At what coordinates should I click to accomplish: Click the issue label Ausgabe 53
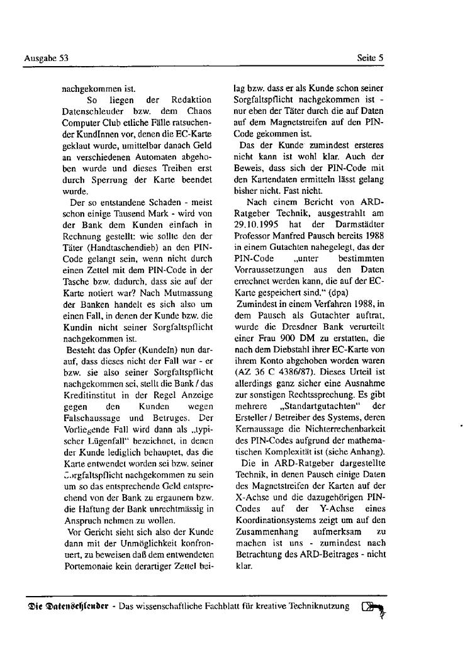(46, 59)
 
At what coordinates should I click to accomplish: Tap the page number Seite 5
(370, 59)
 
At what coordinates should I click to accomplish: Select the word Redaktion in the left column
(191, 100)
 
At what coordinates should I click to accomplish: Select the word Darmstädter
(359, 224)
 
